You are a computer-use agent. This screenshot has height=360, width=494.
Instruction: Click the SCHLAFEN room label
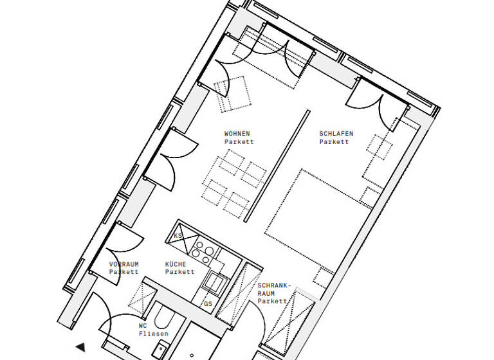tap(336, 134)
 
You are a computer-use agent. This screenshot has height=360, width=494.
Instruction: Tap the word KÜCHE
tap(176, 264)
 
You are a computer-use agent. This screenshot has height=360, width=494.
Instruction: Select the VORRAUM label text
tap(123, 264)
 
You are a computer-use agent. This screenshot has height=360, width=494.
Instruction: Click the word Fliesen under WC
tap(154, 334)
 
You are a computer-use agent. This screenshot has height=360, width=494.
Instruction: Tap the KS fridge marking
tap(178, 237)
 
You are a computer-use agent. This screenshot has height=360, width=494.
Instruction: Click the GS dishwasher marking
tap(208, 303)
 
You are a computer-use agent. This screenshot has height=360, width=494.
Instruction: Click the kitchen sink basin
tap(214, 282)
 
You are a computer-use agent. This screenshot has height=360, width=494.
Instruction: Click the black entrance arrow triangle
tap(80, 348)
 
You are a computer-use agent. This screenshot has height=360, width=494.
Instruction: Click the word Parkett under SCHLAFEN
tap(334, 141)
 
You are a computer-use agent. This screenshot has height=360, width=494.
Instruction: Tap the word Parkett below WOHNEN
tap(239, 141)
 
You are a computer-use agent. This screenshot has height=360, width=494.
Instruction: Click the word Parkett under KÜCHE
tap(179, 272)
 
